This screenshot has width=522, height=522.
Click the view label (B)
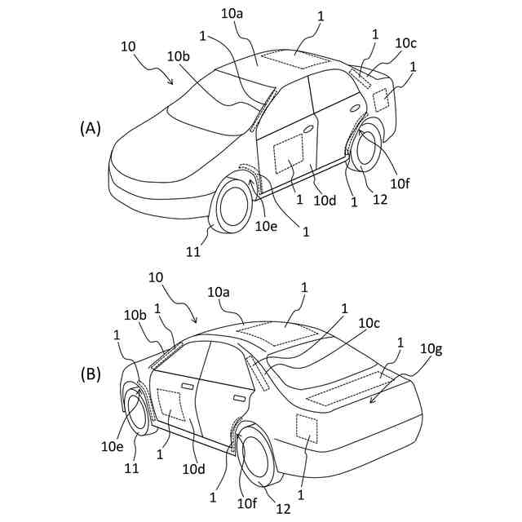point(90,374)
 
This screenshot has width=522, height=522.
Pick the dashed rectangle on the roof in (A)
point(298,58)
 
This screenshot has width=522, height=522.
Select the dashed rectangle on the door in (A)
point(288,155)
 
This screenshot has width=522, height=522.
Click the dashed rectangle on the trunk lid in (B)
point(351,387)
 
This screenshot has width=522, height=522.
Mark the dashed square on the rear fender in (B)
point(307,427)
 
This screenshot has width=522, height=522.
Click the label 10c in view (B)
point(369,323)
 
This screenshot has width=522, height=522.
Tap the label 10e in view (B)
point(113,446)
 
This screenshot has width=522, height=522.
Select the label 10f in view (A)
point(399,184)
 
